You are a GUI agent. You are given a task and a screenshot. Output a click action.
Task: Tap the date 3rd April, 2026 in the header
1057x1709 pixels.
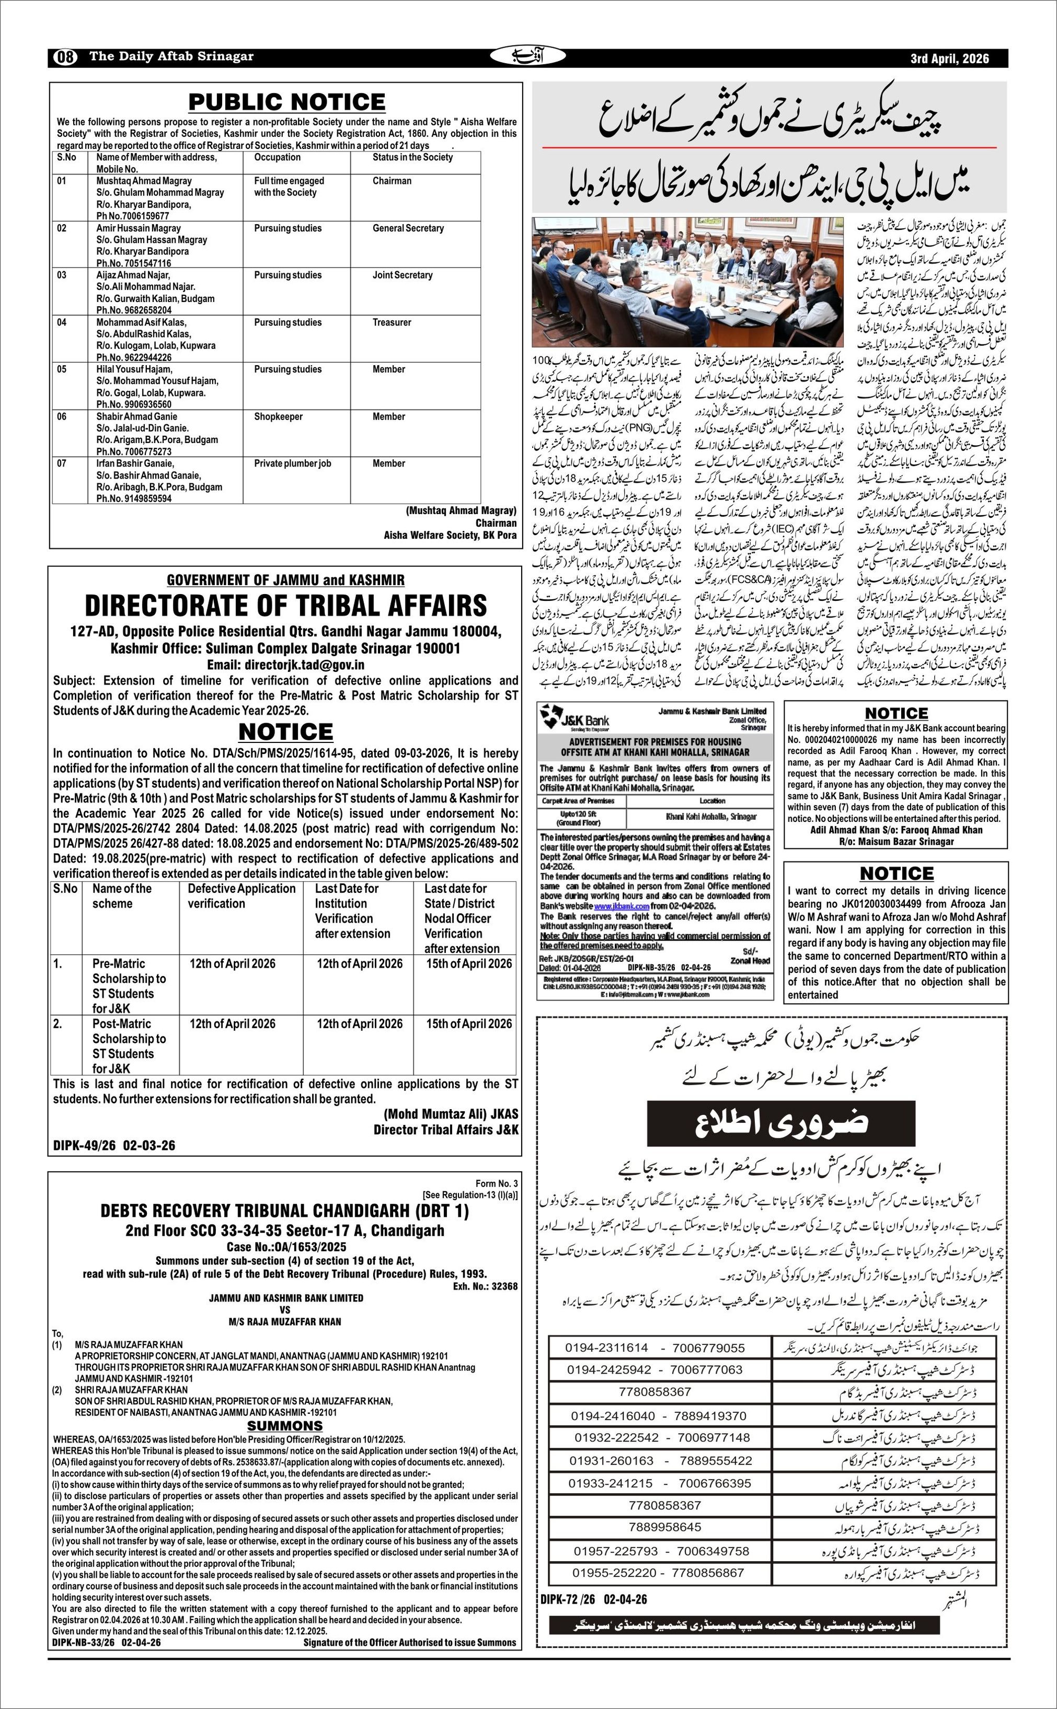[x=949, y=58]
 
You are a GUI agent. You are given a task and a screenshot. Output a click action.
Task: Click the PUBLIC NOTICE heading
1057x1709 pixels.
[x=286, y=102]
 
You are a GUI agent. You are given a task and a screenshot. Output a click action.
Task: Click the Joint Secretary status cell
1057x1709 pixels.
[x=402, y=275]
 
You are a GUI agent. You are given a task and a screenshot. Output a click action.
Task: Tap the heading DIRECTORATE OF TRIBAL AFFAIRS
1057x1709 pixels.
[x=286, y=605]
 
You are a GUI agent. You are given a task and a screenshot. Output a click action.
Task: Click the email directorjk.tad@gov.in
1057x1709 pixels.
[x=285, y=665]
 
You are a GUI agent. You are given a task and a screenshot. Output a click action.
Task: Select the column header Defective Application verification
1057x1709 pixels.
[x=241, y=896]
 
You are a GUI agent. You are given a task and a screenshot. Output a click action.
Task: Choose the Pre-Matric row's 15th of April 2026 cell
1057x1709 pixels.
[x=468, y=963]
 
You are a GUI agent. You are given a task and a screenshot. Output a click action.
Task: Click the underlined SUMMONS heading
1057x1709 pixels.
[x=284, y=1425]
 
